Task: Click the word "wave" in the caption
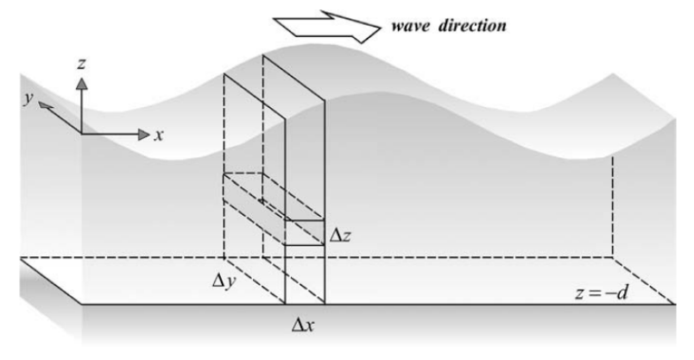[410, 26]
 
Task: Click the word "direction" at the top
[472, 25]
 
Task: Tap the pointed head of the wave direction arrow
[380, 28]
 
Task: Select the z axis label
[81, 64]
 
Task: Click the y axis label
[28, 98]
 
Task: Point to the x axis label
[159, 136]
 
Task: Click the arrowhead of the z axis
[81, 83]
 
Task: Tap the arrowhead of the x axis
[144, 134]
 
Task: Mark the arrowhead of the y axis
[45, 105]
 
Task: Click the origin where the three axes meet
[82, 133]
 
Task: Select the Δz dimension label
[340, 236]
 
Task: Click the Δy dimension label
[224, 281]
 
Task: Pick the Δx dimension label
[303, 325]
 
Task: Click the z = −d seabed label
[602, 293]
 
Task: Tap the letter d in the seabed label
[622, 293]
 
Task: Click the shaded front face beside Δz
[305, 232]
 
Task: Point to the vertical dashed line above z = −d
[613, 206]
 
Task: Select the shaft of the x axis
[110, 134]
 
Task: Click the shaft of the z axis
[81, 111]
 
